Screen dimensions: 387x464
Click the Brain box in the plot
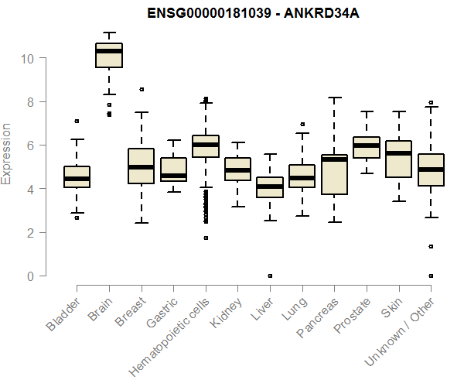tap(109, 56)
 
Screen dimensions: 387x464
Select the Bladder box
tap(77, 177)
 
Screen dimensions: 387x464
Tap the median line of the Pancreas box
tap(334, 160)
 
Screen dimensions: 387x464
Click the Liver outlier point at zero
tap(270, 276)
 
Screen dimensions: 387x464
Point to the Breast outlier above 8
tap(142, 90)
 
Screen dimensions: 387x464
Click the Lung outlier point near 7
tap(302, 124)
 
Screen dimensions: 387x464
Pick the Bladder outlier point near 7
tap(77, 121)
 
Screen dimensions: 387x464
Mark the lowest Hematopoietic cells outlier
tap(206, 238)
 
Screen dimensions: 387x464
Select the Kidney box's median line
tap(237, 170)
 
